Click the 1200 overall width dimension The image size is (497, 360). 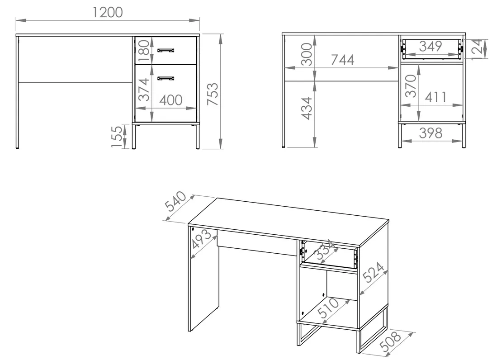(108, 12)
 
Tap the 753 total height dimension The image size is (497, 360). (213, 94)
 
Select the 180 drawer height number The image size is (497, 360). (144, 50)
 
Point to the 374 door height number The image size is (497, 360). (144, 90)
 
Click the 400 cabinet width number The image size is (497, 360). (170, 100)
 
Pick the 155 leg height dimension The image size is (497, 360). (117, 137)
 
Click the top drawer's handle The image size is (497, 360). (166, 50)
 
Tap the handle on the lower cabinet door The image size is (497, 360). (166, 78)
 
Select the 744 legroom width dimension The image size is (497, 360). (342, 60)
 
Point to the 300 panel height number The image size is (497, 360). (307, 54)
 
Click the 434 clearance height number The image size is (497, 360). (307, 109)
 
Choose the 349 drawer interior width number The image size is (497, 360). (431, 46)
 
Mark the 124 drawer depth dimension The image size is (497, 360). (478, 49)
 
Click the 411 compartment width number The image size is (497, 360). (435, 97)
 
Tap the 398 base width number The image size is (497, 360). (431, 133)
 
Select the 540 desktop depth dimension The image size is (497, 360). (175, 201)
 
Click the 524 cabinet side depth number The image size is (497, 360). (374, 272)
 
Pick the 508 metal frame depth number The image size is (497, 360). (391, 341)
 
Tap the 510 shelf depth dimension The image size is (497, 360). (328, 308)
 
